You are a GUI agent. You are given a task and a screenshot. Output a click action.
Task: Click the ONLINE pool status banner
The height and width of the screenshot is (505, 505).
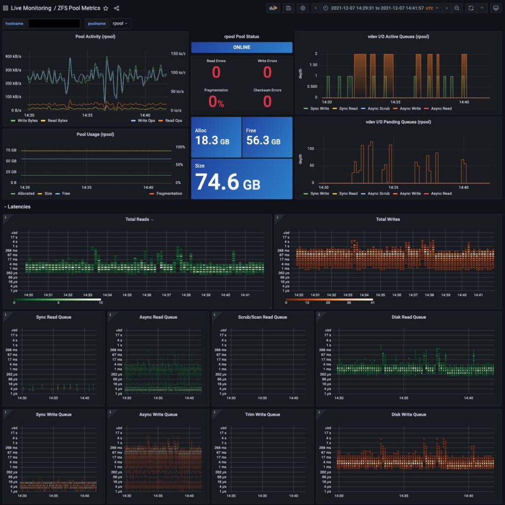tap(242, 47)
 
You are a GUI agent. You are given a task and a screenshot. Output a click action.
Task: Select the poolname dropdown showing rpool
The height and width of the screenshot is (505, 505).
tap(120, 23)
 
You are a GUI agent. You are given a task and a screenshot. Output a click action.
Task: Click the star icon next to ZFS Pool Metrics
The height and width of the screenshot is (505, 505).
tap(106, 8)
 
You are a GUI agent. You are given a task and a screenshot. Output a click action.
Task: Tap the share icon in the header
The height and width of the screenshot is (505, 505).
tap(117, 8)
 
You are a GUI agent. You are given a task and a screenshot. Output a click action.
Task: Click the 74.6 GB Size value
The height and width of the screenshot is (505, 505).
tap(227, 182)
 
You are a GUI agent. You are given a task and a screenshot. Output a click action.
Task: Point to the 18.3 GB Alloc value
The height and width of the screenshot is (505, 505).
tap(212, 141)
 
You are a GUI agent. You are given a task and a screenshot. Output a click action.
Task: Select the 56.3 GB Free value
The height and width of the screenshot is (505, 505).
tap(263, 141)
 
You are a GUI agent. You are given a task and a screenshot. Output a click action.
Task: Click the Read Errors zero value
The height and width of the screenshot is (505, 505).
tap(216, 72)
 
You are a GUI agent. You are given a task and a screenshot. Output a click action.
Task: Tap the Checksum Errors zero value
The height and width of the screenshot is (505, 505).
tap(267, 101)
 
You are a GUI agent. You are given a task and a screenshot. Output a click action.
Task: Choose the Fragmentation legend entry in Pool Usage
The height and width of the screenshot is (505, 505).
tap(166, 193)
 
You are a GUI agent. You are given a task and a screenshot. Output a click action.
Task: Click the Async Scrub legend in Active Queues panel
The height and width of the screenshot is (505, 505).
tap(378, 108)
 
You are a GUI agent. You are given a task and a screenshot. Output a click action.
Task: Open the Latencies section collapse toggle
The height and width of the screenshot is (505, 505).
tap(6, 207)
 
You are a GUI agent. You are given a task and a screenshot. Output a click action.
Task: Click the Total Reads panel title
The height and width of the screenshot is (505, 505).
tap(138, 219)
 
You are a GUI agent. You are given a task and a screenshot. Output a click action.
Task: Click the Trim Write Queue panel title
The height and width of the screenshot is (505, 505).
tap(263, 415)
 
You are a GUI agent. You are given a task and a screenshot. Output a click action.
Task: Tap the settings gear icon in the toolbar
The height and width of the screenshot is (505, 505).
tap(303, 8)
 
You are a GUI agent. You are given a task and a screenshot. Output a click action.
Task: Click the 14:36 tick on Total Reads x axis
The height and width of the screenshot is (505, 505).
tap(146, 295)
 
